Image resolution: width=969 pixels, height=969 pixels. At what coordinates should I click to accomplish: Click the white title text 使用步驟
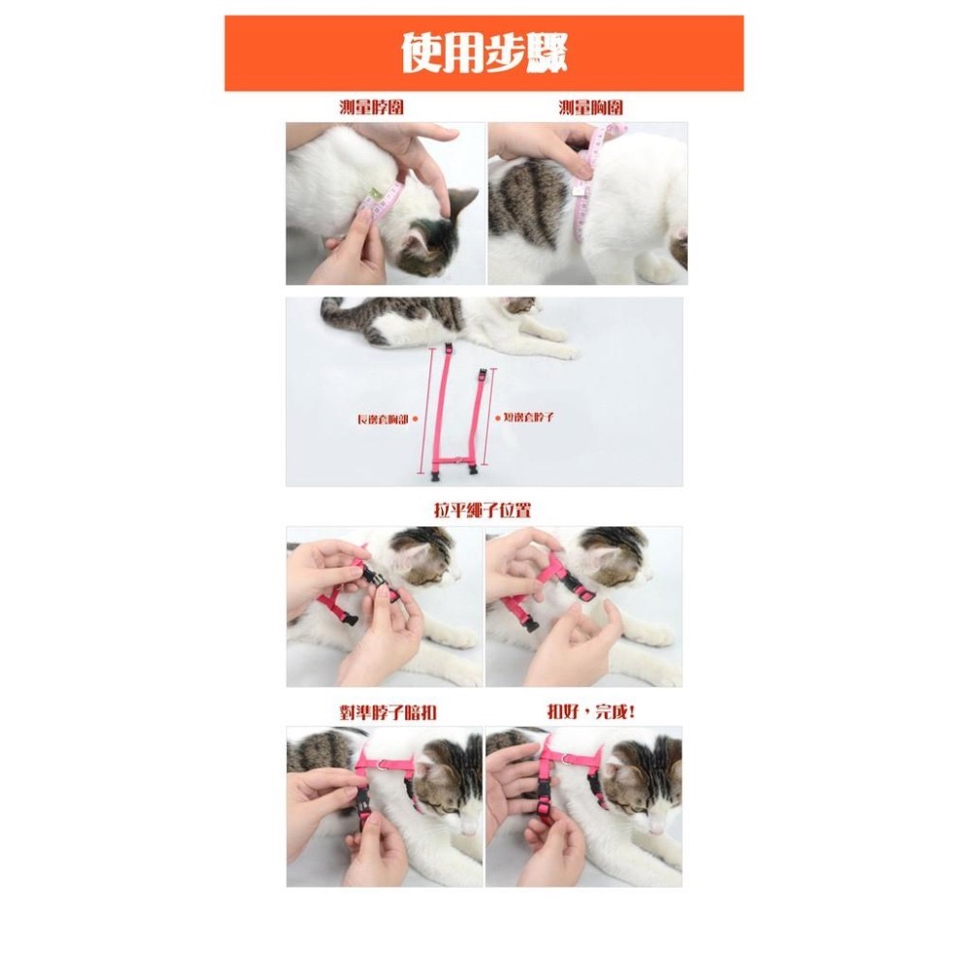(484, 53)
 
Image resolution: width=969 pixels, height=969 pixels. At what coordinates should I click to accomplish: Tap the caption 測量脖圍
(371, 108)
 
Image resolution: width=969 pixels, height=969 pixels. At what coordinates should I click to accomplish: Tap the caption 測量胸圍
(590, 108)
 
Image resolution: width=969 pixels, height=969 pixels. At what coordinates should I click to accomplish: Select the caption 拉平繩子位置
(482, 510)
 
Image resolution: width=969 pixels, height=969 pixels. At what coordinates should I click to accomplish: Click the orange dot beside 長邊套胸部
(415, 419)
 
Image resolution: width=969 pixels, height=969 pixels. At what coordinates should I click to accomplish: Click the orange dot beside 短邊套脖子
(497, 418)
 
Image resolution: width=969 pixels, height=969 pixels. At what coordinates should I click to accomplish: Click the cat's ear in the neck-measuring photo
(462, 201)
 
